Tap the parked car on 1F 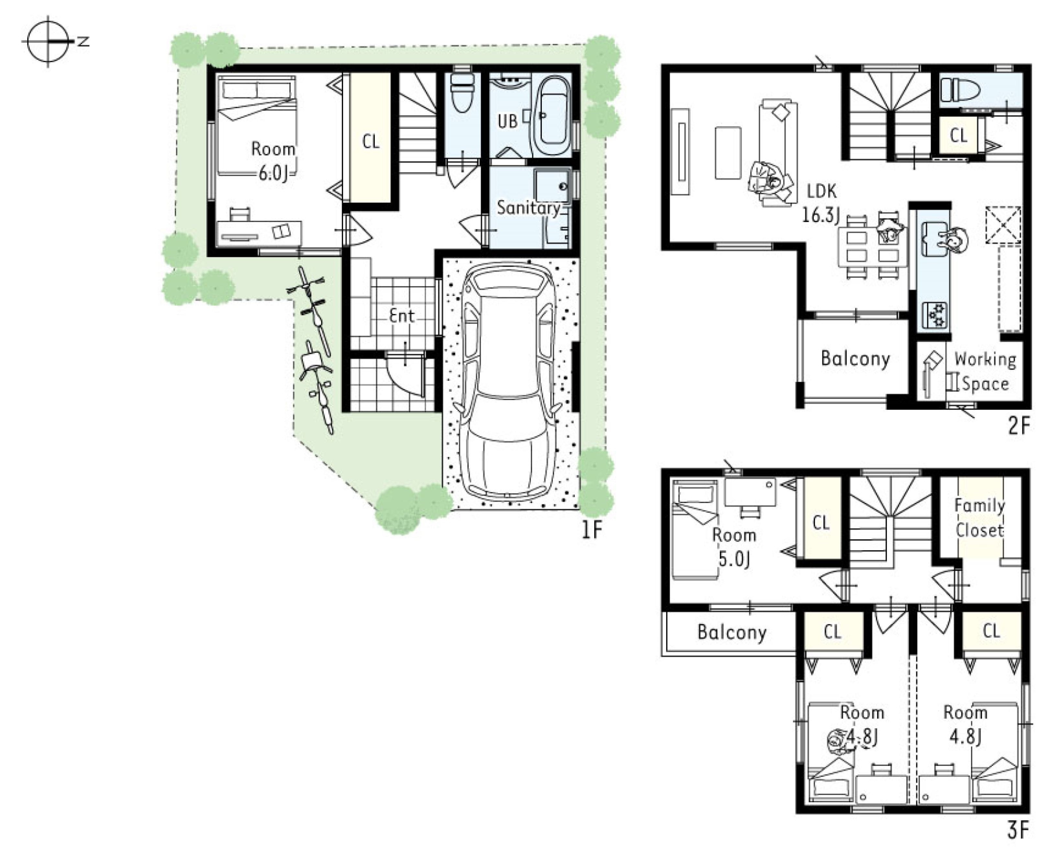(x=507, y=385)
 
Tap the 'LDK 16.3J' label (x=821, y=203)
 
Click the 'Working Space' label (x=985, y=372)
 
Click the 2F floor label (x=1019, y=425)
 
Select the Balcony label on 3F (x=732, y=633)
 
